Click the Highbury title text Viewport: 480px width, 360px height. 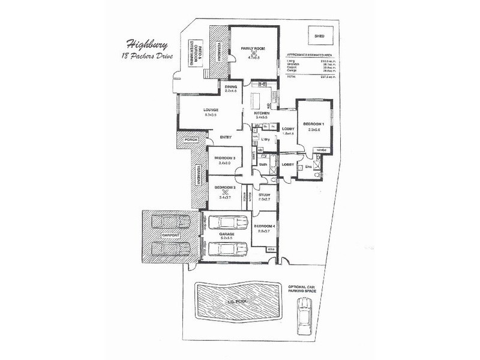coord(143,44)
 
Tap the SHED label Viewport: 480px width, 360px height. coord(319,36)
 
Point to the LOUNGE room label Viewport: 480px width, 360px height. coord(211,110)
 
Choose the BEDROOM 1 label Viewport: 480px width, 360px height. coord(316,123)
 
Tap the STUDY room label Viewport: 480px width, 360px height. coord(263,195)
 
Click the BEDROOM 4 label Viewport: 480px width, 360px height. coord(265,226)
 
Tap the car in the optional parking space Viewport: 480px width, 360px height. coord(305,317)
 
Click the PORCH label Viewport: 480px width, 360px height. coord(191,140)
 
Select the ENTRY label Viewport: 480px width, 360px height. coord(226,137)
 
